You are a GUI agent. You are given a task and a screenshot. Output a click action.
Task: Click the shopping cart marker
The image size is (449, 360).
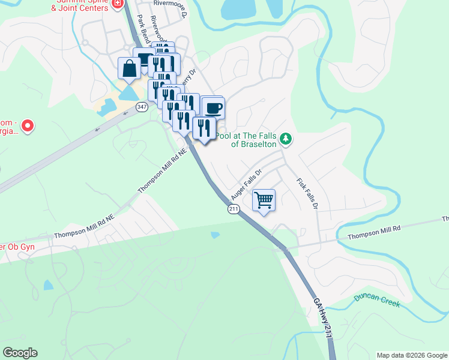[264, 200]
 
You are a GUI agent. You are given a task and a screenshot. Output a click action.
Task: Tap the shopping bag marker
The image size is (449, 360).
[130, 68]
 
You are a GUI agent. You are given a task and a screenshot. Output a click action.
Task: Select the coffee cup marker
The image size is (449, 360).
[213, 109]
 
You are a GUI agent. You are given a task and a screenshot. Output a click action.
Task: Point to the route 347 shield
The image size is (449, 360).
[142, 107]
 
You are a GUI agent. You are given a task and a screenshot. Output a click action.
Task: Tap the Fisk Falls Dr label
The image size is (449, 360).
[306, 193]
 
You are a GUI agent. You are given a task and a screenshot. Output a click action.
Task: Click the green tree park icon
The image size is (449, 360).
[286, 140]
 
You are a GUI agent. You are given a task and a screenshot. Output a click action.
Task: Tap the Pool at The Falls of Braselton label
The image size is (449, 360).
[246, 140]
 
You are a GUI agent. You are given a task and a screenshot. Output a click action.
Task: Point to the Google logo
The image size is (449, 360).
[20, 353]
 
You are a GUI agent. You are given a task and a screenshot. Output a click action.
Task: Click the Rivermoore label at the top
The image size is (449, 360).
[170, 3]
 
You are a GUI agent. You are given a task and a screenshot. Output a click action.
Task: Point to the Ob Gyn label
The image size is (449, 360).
[18, 247]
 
